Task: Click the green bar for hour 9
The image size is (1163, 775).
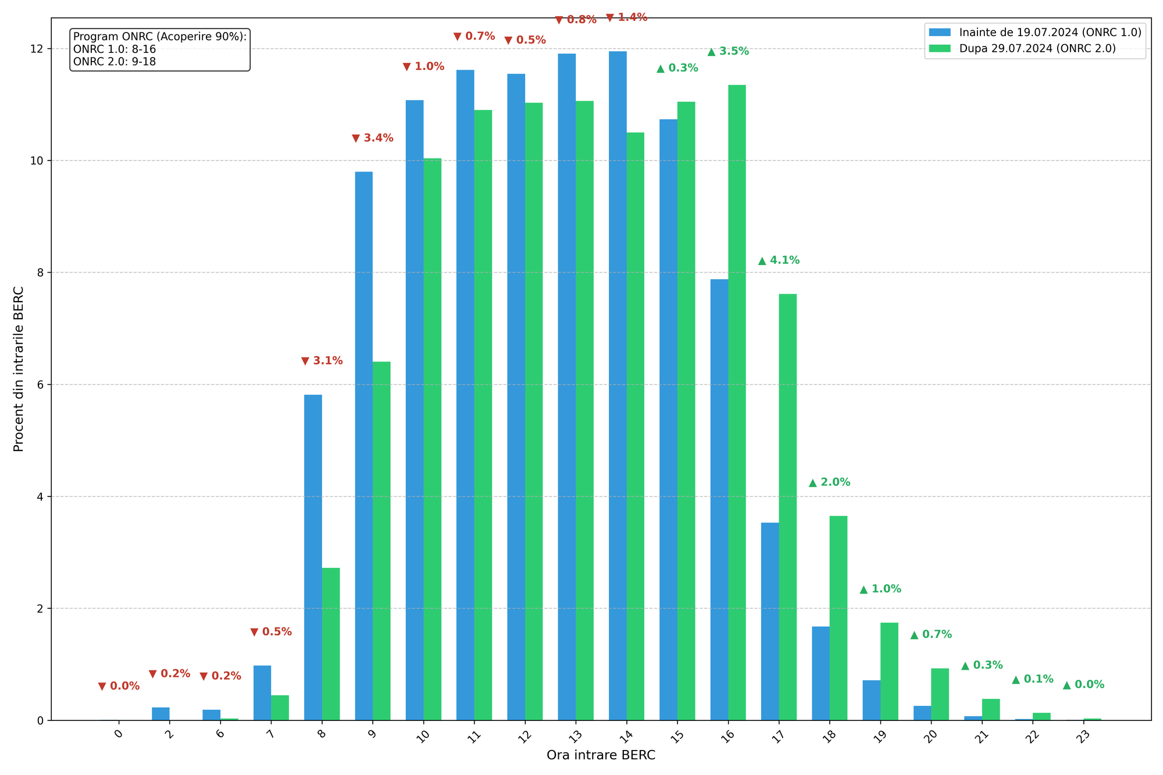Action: [x=381, y=541]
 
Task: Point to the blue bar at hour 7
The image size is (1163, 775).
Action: [x=262, y=692]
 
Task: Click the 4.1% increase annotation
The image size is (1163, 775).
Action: [x=779, y=260]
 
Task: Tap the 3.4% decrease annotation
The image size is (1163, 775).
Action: [x=372, y=138]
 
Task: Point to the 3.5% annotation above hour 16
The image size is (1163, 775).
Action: [x=728, y=51]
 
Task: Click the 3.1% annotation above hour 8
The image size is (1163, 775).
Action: [x=322, y=361]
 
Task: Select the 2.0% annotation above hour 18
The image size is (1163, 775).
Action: [x=829, y=483]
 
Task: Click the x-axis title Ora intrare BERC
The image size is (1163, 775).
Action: [x=601, y=756]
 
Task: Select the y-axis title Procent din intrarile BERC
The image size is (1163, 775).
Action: [x=19, y=369]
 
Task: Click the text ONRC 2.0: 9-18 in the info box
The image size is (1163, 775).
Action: [x=115, y=62]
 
